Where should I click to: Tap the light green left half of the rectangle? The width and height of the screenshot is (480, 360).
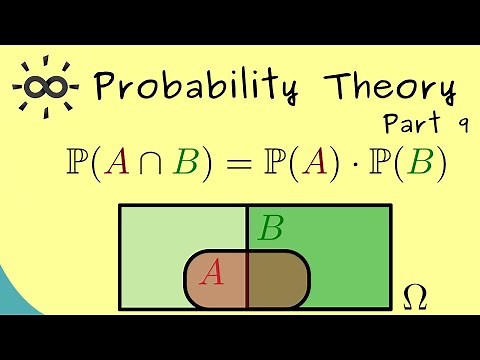pyautogui.click(x=160, y=240)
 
